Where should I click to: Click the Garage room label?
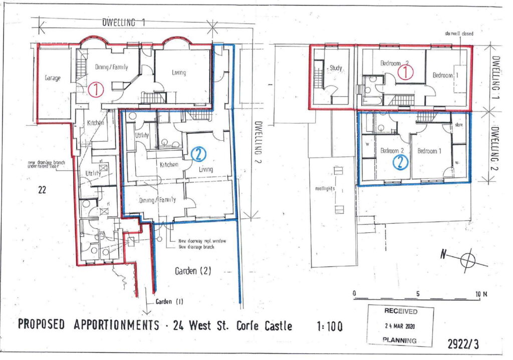point(52,79)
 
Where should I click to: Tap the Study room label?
point(336,68)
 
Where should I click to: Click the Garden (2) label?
point(192,271)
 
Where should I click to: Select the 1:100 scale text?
point(330,326)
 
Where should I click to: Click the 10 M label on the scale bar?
point(480,293)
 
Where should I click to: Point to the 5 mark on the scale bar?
point(417,293)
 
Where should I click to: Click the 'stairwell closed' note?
point(458,34)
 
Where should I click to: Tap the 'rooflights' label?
point(324,189)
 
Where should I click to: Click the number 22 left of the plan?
point(43,189)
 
